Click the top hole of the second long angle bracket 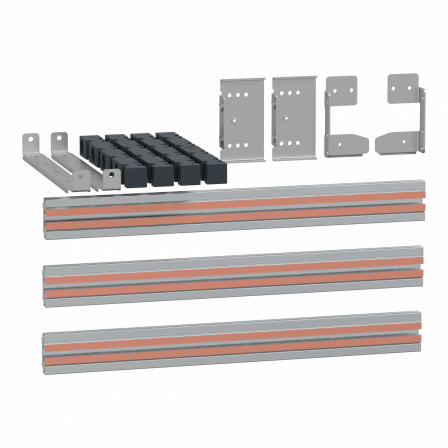tap(58, 140)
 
